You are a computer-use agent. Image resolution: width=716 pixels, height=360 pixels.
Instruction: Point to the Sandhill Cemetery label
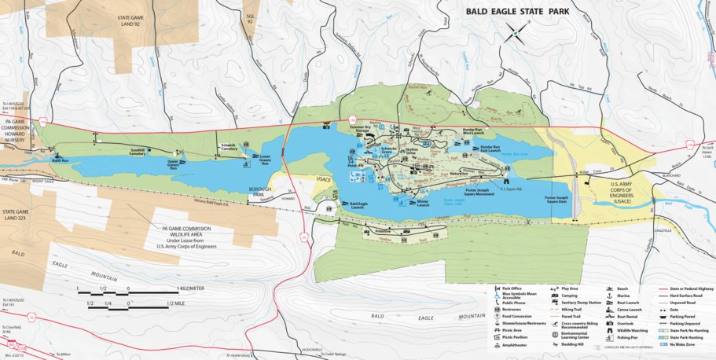coord(138,151)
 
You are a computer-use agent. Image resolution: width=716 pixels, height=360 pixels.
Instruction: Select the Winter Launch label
coord(422,202)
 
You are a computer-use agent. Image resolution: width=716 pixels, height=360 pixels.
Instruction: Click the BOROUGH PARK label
coord(259,191)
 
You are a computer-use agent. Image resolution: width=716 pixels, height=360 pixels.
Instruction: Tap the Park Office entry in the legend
coord(497,288)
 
